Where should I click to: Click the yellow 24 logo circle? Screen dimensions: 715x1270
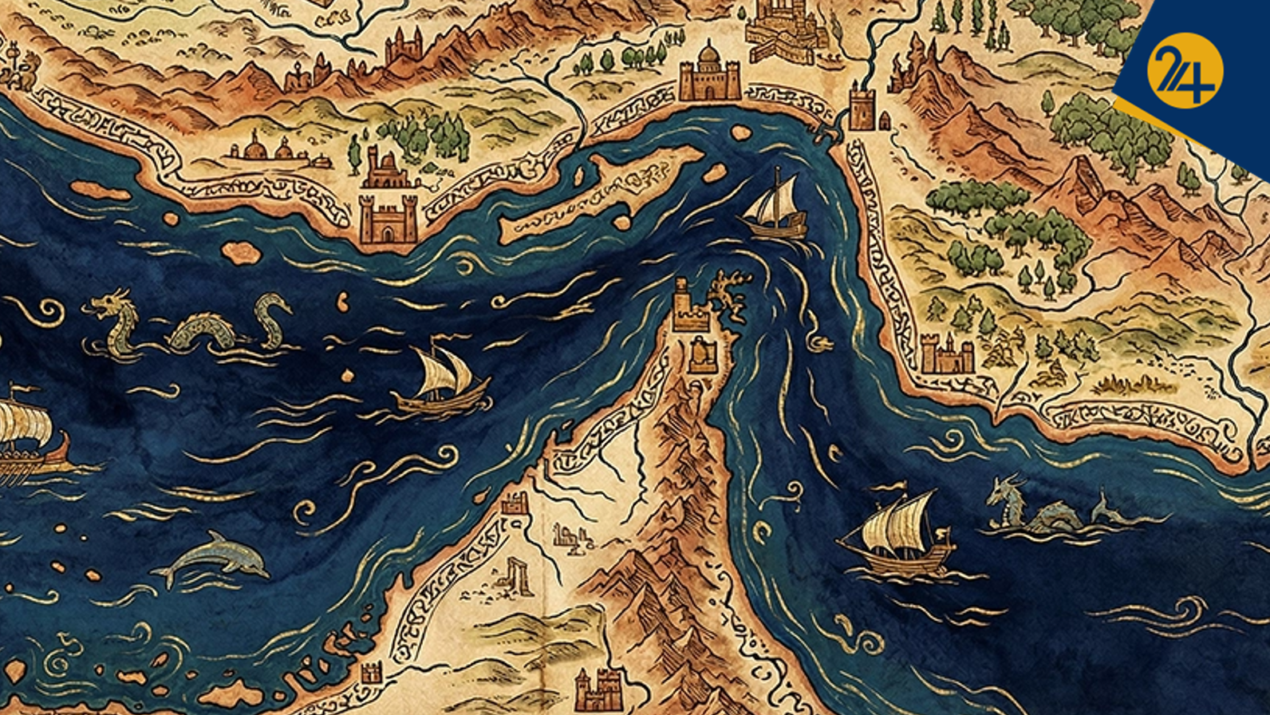click(1185, 70)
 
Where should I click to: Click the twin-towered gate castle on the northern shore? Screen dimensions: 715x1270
click(388, 219)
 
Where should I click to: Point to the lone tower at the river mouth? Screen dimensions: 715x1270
click(862, 107)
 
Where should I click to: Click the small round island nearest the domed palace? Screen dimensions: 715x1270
click(741, 132)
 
